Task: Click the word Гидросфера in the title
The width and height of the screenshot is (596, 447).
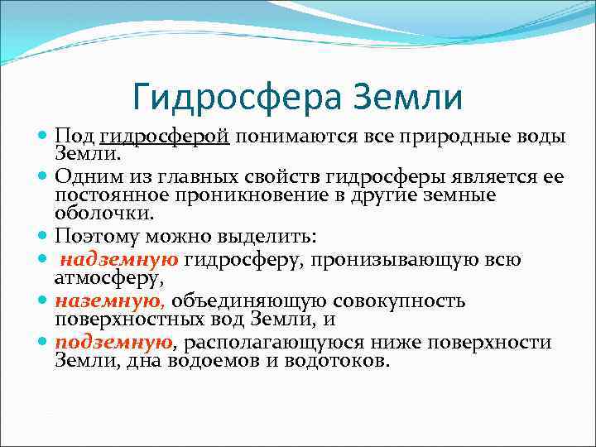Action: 235,98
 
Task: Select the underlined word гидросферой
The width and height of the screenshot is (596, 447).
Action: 164,137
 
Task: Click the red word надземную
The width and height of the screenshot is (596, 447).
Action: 120,259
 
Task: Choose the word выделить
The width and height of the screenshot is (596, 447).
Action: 272,236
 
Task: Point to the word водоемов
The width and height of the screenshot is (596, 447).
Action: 208,361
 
